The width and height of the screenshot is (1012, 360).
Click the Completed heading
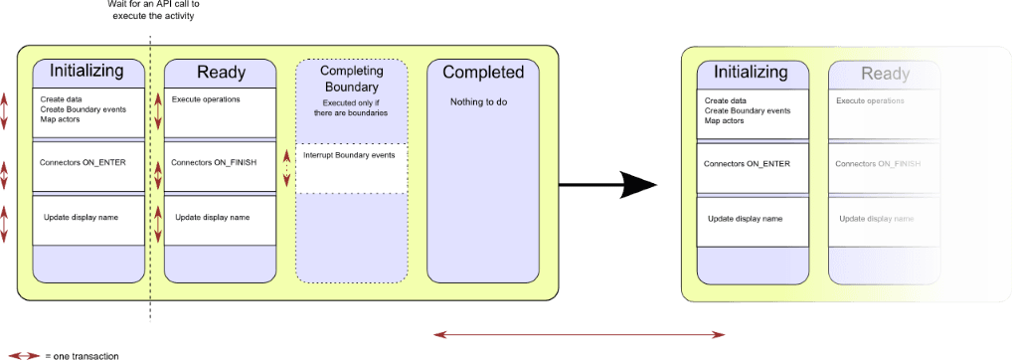[x=483, y=73]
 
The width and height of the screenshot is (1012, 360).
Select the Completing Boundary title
[x=351, y=79]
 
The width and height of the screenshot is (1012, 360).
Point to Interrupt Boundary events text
[x=349, y=155]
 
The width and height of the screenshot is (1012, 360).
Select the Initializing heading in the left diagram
[x=86, y=72]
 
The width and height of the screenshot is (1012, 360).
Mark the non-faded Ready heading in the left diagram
[x=221, y=73]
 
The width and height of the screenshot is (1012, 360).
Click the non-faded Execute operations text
[x=204, y=99]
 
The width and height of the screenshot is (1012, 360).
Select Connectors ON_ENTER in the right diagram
[x=748, y=163]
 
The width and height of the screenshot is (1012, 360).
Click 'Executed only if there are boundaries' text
[x=351, y=108]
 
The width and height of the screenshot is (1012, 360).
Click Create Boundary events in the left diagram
[x=83, y=109]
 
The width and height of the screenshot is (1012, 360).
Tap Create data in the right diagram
[x=725, y=100]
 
